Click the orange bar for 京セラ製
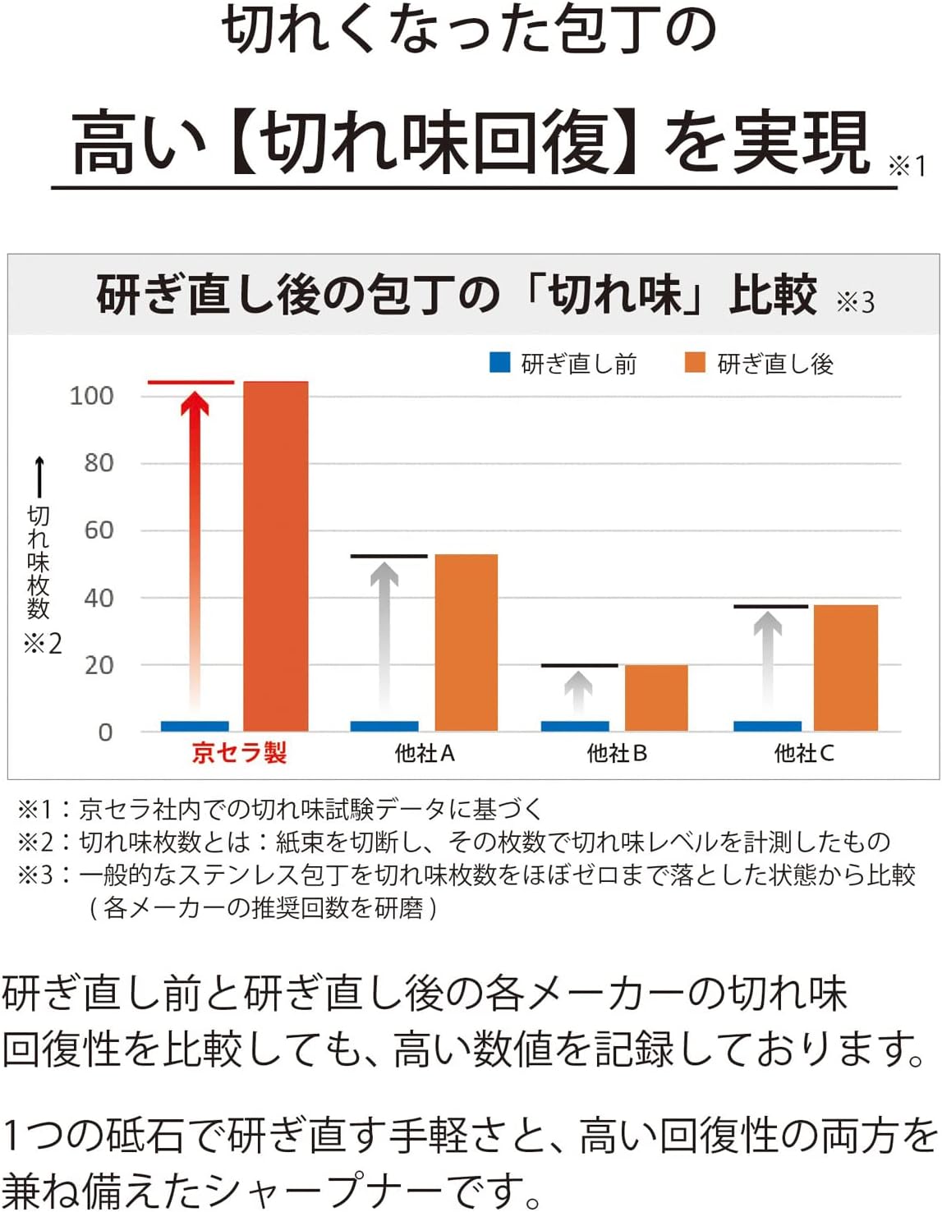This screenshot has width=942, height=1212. click(x=276, y=556)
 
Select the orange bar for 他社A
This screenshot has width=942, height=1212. click(x=466, y=642)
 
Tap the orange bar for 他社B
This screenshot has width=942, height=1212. click(x=656, y=697)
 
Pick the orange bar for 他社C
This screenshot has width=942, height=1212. click(x=845, y=668)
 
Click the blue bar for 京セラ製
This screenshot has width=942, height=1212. click(x=195, y=726)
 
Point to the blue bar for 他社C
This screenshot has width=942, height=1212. click(x=767, y=726)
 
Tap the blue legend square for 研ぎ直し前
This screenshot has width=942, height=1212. click(x=499, y=362)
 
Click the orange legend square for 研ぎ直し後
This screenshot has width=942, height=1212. click(x=695, y=362)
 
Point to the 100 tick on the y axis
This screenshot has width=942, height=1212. click(x=91, y=396)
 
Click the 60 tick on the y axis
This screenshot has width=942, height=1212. click(x=99, y=530)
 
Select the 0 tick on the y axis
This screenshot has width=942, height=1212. click(x=105, y=732)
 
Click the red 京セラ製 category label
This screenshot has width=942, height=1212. click(x=239, y=753)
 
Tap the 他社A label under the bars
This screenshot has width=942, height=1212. click(x=425, y=753)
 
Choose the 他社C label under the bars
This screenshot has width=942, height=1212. click(x=804, y=753)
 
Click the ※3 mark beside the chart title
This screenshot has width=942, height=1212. click(x=855, y=302)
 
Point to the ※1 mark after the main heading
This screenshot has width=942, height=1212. click(x=907, y=167)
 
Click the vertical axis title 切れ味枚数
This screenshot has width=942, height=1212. click(x=39, y=562)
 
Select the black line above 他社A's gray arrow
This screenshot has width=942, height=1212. click(x=388, y=557)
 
